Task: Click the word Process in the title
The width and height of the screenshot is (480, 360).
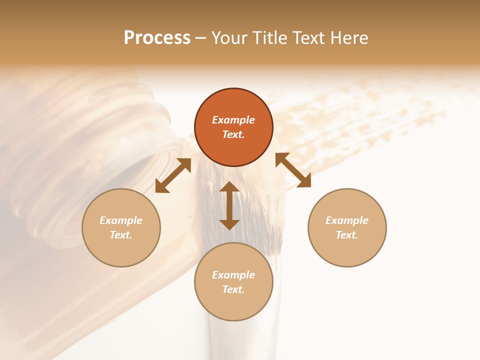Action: pos(157,38)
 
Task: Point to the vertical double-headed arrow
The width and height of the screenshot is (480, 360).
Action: pos(229,205)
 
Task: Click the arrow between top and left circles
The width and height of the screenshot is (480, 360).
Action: pos(173,175)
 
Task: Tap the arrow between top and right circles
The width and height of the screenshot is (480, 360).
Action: pos(293,170)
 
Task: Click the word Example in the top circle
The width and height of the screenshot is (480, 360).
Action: pos(233,120)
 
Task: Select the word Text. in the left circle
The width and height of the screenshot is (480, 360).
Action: pos(121,235)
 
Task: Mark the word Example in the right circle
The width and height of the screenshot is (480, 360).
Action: pos(347,220)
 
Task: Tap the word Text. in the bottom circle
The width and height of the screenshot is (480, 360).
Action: pos(233,289)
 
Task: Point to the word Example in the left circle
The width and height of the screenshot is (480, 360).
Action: pos(121,220)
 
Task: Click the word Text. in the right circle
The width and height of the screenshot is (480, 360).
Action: pos(347,235)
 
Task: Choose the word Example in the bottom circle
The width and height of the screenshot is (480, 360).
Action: pos(233,275)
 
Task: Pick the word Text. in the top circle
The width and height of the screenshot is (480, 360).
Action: pos(233,134)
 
